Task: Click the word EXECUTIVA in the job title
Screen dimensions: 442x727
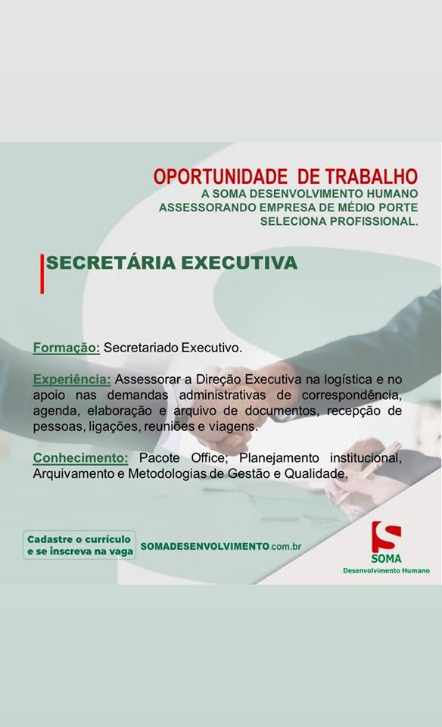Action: click(239, 263)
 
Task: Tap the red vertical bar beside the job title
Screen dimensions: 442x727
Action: click(42, 273)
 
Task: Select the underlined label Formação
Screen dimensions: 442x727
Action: click(67, 348)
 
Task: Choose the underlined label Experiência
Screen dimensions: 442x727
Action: click(72, 379)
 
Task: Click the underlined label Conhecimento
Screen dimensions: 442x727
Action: click(81, 458)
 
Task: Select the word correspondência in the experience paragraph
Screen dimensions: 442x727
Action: click(352, 395)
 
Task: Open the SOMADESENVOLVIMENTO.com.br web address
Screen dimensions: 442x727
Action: click(221, 546)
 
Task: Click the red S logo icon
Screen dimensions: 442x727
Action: click(386, 536)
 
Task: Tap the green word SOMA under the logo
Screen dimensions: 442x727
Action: click(386, 558)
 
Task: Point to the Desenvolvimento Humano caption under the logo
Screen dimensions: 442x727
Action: click(386, 570)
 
